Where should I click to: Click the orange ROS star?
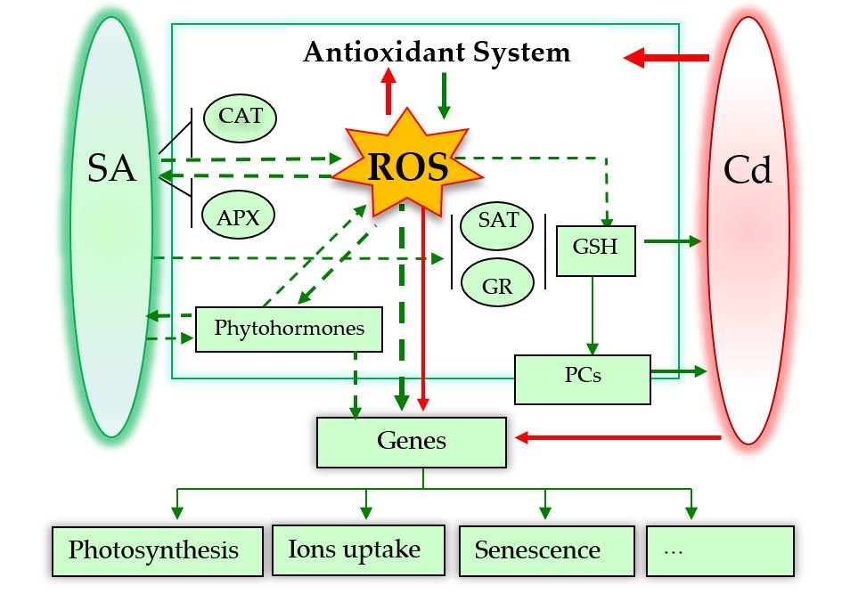coord(395,169)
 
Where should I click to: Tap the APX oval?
coord(238,218)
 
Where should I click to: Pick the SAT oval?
coord(497,220)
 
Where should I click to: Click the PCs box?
coord(583,377)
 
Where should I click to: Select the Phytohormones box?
coord(289,329)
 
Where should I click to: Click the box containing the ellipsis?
coord(719,550)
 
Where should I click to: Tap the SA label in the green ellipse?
coord(111,167)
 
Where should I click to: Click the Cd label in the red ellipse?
coord(747,170)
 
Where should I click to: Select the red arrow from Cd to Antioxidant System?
coord(666,59)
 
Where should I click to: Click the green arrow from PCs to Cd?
coord(679,369)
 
